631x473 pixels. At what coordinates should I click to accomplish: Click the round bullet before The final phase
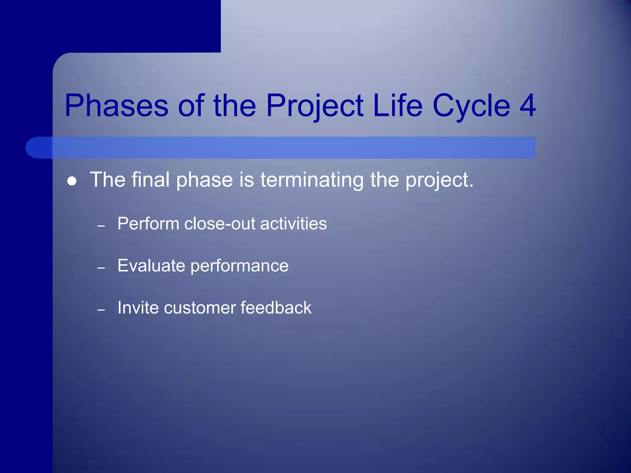72,181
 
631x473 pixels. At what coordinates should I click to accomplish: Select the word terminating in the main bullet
312,180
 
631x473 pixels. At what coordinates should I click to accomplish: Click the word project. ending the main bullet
439,180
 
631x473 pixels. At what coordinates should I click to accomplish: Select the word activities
293,224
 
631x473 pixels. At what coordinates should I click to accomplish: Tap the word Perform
148,224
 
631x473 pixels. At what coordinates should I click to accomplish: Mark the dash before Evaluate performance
101,268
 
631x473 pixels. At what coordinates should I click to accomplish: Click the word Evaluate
151,265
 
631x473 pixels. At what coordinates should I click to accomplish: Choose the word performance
239,266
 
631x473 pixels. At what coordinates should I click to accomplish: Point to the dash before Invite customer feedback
101,310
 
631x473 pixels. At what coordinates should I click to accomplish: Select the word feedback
276,308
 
